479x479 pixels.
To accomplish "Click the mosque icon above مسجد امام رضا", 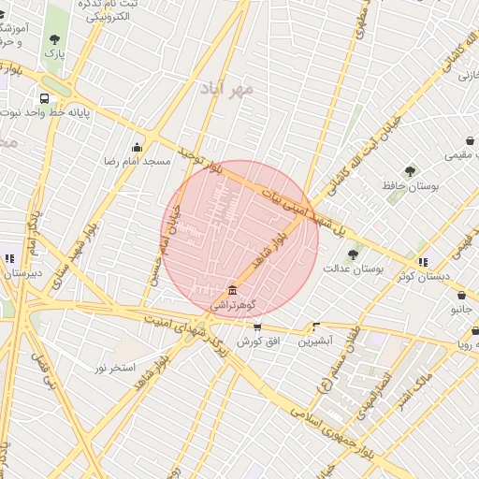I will tap(138, 146).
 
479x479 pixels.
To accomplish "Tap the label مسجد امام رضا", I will tap(137, 162).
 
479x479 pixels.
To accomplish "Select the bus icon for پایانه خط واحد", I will tap(44, 98).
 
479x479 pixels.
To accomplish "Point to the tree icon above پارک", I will tap(55, 39).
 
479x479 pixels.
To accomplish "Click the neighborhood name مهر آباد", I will tap(227, 89).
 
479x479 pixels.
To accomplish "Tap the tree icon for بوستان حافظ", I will tap(410, 171).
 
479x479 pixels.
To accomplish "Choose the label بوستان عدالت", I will tap(354, 269).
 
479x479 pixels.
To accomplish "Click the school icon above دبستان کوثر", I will tap(423, 262).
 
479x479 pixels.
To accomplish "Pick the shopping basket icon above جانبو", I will tap(457, 293).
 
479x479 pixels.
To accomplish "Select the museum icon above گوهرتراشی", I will tap(231, 290).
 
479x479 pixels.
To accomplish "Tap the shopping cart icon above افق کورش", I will tap(257, 327).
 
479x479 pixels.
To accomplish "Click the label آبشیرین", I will tap(315, 341).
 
